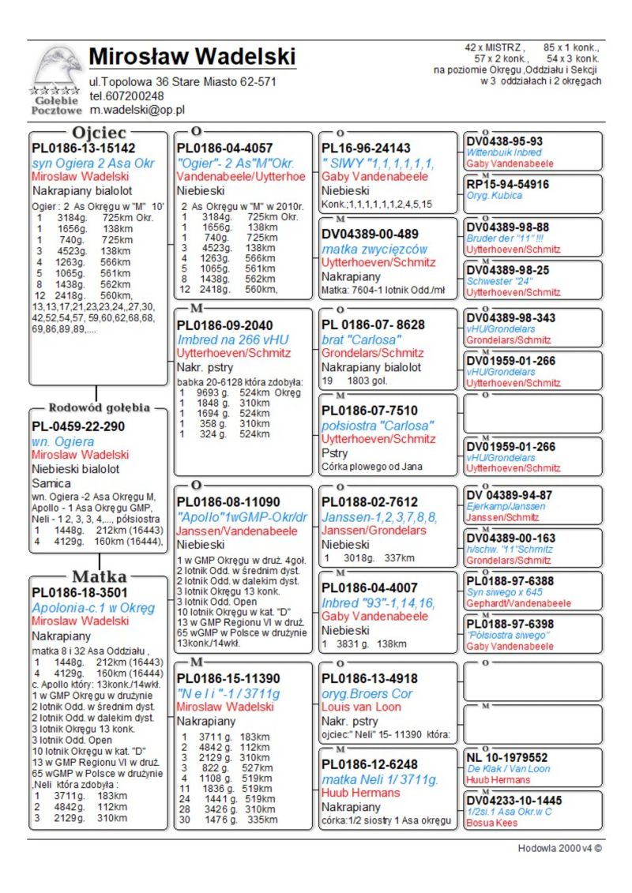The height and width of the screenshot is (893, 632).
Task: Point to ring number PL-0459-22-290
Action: [x=78, y=426]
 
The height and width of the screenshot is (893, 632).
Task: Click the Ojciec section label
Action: [x=99, y=133]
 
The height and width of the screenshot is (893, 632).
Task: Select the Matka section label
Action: [x=99, y=576]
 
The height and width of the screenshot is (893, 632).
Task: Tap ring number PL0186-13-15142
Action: [x=84, y=148]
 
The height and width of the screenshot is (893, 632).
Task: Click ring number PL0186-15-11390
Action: [x=228, y=678]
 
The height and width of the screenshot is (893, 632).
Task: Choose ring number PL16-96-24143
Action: [x=366, y=148]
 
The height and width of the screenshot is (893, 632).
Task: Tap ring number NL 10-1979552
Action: [x=507, y=757]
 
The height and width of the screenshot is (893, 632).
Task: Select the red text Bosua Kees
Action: [x=491, y=823]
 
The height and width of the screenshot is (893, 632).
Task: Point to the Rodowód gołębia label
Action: [x=99, y=408]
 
